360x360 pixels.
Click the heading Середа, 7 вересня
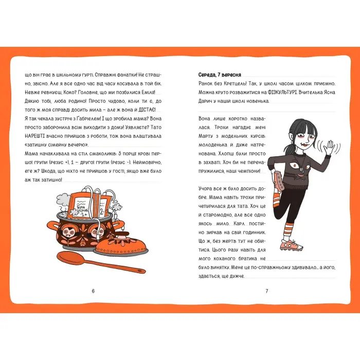pos(220,74)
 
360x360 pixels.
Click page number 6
pos(93,291)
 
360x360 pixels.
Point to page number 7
pos(266,291)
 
